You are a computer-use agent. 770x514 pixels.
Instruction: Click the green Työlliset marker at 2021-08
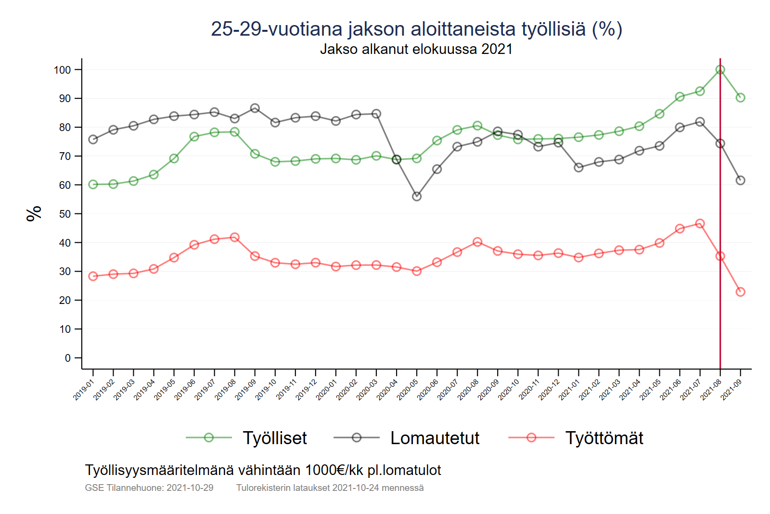pos(720,70)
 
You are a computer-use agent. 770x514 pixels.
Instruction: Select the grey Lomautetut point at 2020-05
pos(417,197)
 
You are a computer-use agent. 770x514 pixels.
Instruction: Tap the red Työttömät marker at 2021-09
pos(740,292)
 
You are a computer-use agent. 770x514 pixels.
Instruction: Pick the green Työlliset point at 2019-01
pos(93,185)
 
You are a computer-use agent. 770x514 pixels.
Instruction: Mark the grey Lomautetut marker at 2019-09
pos(255,108)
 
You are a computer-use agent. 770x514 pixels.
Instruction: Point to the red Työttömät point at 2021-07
pos(700,224)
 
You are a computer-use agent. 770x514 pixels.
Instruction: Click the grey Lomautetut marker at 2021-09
pos(740,180)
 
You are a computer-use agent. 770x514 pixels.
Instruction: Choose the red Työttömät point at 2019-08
pos(235,237)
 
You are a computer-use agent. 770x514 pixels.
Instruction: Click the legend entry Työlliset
pos(274,438)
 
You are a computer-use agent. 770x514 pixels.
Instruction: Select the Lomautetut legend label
pos(435,438)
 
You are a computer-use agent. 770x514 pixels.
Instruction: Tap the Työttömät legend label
pos(604,438)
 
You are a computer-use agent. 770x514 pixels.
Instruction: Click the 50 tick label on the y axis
pos(65,214)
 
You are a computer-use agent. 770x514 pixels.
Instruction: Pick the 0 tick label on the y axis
pos(68,358)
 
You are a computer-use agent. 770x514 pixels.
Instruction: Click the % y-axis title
pos(34,213)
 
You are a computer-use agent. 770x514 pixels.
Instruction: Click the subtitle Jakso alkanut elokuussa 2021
pos(416,49)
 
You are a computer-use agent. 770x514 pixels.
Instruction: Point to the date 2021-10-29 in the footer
pos(190,488)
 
